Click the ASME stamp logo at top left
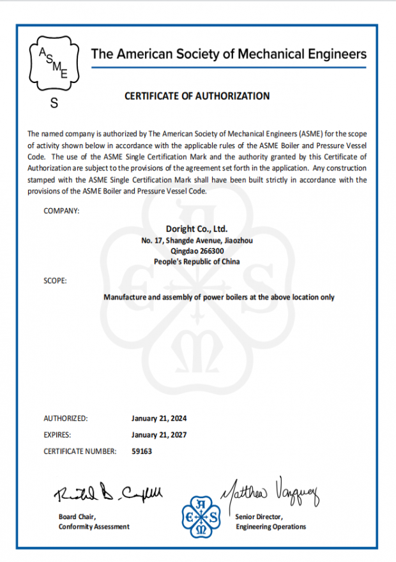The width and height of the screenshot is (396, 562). (x=54, y=66)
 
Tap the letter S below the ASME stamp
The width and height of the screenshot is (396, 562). (x=54, y=103)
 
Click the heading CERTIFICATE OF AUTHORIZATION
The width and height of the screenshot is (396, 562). (x=197, y=96)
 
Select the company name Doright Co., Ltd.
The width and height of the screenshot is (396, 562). (x=197, y=229)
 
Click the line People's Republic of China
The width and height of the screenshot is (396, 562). (x=197, y=262)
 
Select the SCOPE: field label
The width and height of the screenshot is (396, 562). (x=55, y=280)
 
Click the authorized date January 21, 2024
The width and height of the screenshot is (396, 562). (x=159, y=419)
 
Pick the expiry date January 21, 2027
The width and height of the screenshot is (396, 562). (x=159, y=435)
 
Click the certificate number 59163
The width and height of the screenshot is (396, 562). (x=142, y=452)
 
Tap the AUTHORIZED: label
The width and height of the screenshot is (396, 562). (x=66, y=419)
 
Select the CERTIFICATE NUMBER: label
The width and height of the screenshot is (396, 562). (x=80, y=452)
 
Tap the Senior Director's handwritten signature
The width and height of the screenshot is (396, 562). (x=270, y=490)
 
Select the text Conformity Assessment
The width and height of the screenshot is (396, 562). (x=94, y=527)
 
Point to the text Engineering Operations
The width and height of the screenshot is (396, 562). (x=271, y=527)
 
